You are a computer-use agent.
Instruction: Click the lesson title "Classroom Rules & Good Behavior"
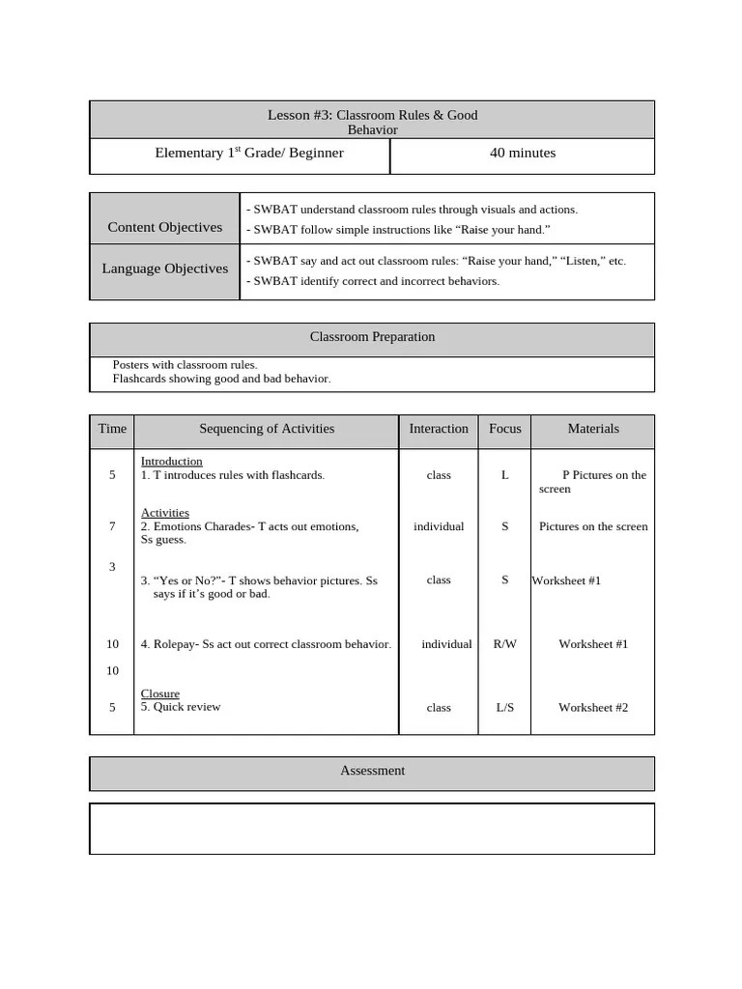click(372, 122)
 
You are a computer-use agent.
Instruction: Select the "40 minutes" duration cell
click(523, 153)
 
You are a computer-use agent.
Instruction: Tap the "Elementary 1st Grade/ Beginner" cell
click(249, 153)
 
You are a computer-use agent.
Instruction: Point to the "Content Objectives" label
click(165, 227)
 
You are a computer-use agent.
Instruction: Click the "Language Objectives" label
click(165, 268)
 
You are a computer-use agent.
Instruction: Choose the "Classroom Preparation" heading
click(372, 337)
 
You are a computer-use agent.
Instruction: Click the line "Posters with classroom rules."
click(185, 365)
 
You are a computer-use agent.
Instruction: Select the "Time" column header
click(112, 429)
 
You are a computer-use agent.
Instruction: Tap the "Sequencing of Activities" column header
click(267, 429)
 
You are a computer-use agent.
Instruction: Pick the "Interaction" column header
click(439, 429)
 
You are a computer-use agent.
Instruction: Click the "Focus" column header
click(505, 429)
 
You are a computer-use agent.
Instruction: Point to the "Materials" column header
click(593, 429)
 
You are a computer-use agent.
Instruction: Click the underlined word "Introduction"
click(172, 462)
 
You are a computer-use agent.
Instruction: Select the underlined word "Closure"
click(160, 693)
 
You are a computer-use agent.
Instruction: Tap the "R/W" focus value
click(505, 644)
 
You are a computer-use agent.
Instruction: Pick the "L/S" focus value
click(505, 708)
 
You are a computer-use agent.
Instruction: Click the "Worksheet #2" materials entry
click(593, 708)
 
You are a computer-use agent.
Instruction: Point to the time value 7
click(112, 526)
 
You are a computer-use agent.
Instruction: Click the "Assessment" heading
click(372, 771)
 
